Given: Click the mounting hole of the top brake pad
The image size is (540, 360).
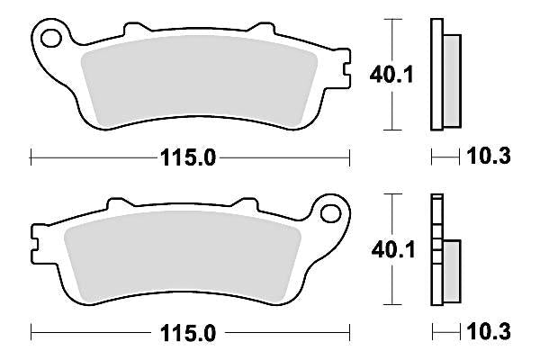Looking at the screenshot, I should tap(51, 39).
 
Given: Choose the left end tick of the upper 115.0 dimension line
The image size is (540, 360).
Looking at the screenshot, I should tap(31, 157).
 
